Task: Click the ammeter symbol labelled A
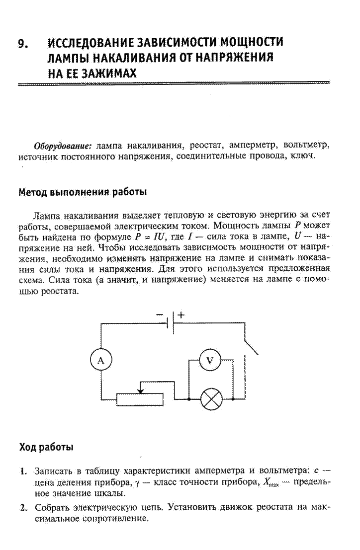click(x=101, y=360)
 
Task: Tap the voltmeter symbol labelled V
click(x=210, y=360)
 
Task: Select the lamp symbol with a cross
click(x=211, y=399)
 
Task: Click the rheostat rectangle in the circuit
click(x=140, y=399)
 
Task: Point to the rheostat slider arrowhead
click(x=140, y=390)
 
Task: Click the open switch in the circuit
click(x=251, y=347)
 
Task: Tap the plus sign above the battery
click(x=180, y=314)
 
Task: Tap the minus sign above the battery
click(x=160, y=314)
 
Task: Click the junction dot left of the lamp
click(x=189, y=399)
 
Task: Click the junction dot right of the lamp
click(x=233, y=399)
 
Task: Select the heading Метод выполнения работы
click(x=83, y=192)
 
